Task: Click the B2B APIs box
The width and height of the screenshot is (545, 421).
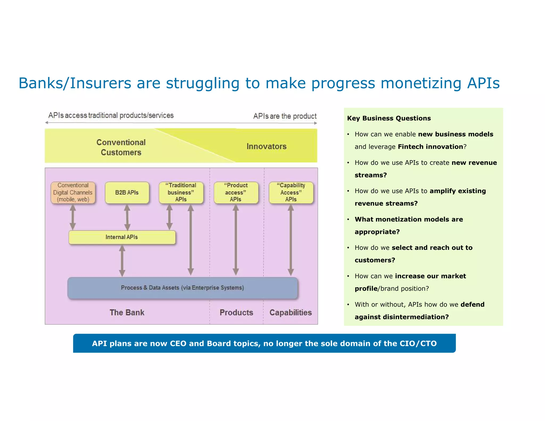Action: click(127, 193)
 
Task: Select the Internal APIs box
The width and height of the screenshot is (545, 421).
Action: click(122, 237)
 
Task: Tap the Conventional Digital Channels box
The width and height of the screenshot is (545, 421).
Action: click(73, 193)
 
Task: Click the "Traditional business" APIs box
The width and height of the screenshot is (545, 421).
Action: click(181, 193)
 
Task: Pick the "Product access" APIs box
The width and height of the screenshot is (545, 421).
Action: click(236, 193)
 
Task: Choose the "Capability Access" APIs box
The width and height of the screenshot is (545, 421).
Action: click(291, 193)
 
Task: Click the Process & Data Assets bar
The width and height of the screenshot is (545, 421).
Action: click(183, 288)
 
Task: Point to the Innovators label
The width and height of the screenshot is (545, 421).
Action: click(266, 147)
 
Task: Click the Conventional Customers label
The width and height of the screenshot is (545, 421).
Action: click(121, 147)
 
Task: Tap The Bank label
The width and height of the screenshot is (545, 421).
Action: click(127, 312)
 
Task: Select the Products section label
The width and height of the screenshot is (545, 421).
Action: click(236, 312)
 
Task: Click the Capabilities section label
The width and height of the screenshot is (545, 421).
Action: click(291, 312)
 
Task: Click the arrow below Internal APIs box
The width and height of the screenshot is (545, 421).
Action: click(122, 261)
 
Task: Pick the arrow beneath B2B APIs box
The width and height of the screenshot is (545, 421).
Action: click(127, 217)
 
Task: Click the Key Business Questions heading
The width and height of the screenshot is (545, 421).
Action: click(389, 118)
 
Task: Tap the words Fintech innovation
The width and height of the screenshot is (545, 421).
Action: click(430, 147)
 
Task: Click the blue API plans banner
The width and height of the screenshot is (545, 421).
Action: click(264, 344)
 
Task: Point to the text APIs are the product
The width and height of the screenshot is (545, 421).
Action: click(285, 116)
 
